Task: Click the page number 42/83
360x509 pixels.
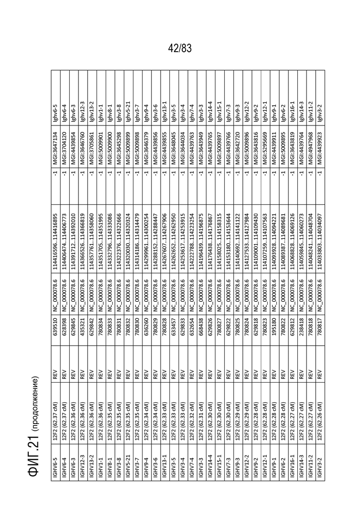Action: coord(180,48)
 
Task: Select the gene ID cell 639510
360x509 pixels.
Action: coord(55,328)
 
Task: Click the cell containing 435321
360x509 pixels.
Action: coord(83,328)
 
